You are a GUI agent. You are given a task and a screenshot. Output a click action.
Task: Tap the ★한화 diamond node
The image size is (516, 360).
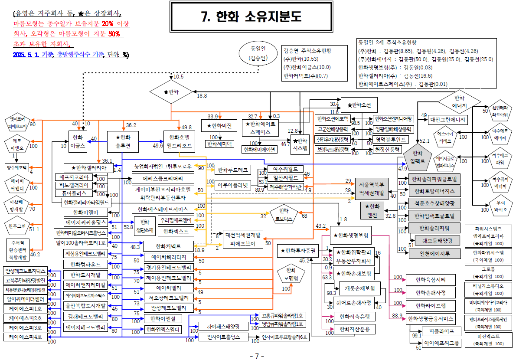click(171, 92)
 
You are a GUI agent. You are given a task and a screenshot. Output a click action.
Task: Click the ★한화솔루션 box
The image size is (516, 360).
click(123, 142)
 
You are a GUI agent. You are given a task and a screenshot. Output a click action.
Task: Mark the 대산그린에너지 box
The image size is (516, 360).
click(448, 119)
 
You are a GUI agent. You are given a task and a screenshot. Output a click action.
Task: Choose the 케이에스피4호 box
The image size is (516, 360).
click(26, 337)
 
